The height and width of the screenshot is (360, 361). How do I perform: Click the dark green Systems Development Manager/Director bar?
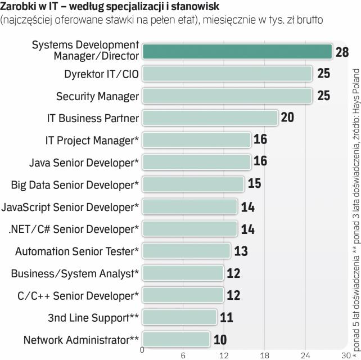(237, 51)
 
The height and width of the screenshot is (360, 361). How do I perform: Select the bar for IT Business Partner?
(210, 118)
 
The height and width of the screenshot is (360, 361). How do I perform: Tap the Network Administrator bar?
(176, 339)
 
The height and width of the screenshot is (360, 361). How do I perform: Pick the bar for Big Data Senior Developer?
(193, 184)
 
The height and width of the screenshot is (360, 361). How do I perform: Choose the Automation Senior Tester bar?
(186, 250)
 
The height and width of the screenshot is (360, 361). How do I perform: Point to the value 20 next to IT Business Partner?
(287, 118)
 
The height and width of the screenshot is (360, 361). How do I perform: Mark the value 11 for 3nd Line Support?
(227, 317)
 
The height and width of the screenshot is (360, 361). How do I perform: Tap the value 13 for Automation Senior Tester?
(240, 250)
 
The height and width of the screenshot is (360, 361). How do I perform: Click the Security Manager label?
(97, 96)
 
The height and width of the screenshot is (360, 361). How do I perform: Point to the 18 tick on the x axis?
(265, 355)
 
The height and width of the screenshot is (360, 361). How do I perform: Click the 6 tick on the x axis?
(183, 355)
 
